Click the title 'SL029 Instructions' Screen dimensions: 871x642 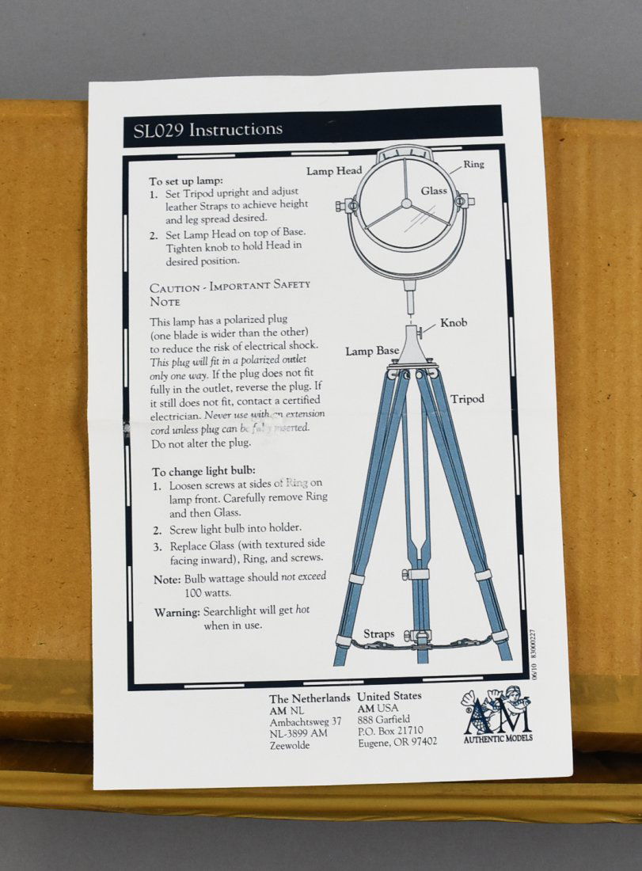203,129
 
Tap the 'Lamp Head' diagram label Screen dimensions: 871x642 334,171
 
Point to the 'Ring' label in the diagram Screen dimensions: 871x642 473,165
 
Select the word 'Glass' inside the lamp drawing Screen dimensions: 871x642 434,191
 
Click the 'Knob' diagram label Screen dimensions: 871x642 454,323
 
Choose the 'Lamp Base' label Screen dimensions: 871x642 371,351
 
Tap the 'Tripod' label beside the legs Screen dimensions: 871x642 467,399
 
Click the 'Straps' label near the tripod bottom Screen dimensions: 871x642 378,634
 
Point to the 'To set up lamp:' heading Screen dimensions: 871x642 186,181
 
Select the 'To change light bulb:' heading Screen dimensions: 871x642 203,470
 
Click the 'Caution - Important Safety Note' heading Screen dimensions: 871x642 230,292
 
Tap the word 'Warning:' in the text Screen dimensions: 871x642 177,612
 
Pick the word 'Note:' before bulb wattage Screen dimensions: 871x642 167,580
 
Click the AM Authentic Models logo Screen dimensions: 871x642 497,714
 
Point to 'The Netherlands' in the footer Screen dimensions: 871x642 309,698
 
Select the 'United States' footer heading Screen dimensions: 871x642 389,696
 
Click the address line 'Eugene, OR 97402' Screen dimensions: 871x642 397,741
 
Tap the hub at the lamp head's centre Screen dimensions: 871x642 406,203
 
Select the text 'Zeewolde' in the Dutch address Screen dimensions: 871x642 290,745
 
